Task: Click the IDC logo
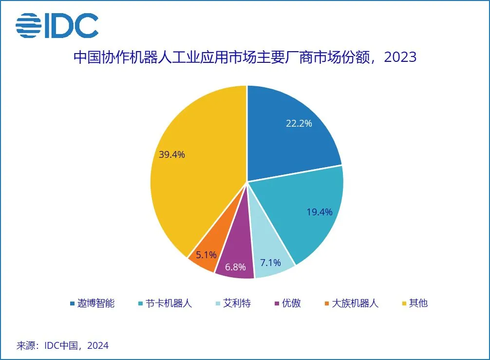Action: pos(57,26)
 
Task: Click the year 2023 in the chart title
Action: pos(400,57)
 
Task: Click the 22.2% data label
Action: pos(299,123)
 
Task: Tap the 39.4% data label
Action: pos(172,155)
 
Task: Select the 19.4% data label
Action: pos(319,212)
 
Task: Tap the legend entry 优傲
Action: pos(291,303)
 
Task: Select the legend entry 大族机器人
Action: pos(355,303)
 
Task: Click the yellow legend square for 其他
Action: pos(403,303)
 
